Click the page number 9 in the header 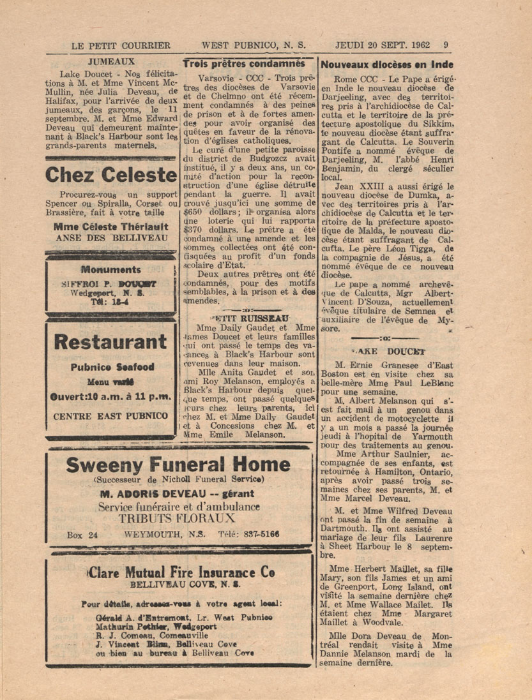pyautogui.click(x=445, y=45)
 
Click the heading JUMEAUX pyautogui.click(x=111, y=63)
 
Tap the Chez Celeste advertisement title pyautogui.click(x=111, y=174)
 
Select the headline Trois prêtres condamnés pyautogui.click(x=244, y=64)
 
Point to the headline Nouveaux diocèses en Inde pyautogui.click(x=387, y=64)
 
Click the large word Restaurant pyautogui.click(x=111, y=342)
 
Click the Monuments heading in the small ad pyautogui.click(x=111, y=270)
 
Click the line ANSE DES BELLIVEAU pyautogui.click(x=111, y=237)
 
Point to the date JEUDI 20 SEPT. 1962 pyautogui.click(x=382, y=45)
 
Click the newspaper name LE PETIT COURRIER pyautogui.click(x=121, y=45)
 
